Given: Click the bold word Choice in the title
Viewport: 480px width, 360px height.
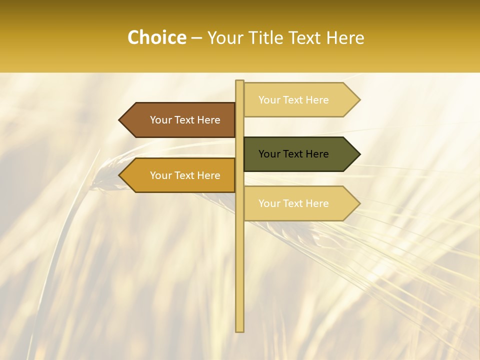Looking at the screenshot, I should click(x=156, y=37).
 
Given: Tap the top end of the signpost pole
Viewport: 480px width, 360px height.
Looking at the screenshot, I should click(x=240, y=81).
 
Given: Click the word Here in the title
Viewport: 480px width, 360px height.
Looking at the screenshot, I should click(x=344, y=37).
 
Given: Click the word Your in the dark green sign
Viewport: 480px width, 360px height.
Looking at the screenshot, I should click(x=268, y=154).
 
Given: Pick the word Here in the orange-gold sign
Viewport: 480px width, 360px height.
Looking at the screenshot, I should click(x=208, y=175).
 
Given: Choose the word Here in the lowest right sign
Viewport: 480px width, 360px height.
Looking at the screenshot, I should click(x=317, y=203).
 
